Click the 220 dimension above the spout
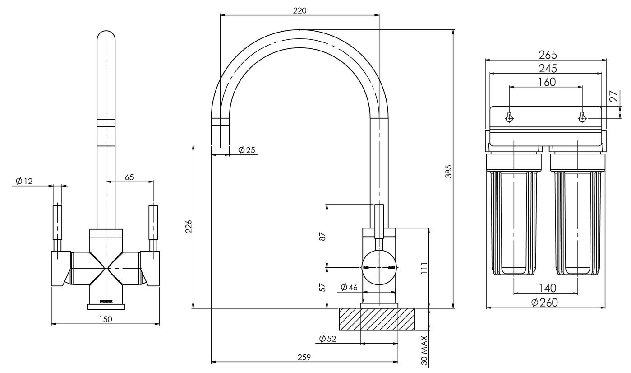pos(299,10)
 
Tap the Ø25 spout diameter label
pos(247,150)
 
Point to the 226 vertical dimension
pos(189,227)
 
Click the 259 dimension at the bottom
pos(304,357)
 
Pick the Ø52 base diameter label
pos(327,339)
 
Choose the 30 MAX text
pos(424,350)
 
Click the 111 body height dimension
pos(424,269)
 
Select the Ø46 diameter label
pos(349,287)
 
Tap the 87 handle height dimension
pos(322,236)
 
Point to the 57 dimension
pos(322,288)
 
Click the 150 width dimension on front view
pos(105,319)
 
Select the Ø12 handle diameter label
pos(24,181)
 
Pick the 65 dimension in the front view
pos(129,177)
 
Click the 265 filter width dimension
pos(548,55)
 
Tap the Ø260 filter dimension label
pos(544,303)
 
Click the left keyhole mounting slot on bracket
pos(509,117)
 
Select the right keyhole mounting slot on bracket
pos(582,117)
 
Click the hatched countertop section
pos(377,319)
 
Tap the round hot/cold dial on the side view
pos(379,267)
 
